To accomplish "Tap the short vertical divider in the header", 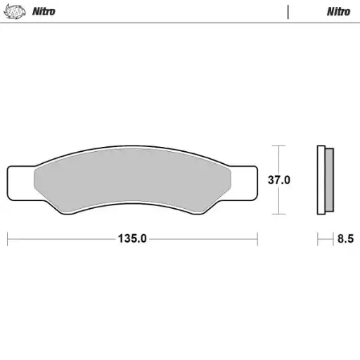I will [x=288, y=11].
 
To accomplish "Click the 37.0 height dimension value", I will [x=279, y=179].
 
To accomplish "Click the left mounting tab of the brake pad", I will [x=20, y=181].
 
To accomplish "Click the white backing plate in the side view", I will [x=321, y=180].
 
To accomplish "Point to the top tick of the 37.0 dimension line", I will [x=279, y=146].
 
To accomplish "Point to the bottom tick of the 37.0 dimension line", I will [x=279, y=214].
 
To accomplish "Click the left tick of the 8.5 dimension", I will [x=318, y=239].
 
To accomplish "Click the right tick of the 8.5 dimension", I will [x=333, y=239].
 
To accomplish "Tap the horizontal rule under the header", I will [x=180, y=22].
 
